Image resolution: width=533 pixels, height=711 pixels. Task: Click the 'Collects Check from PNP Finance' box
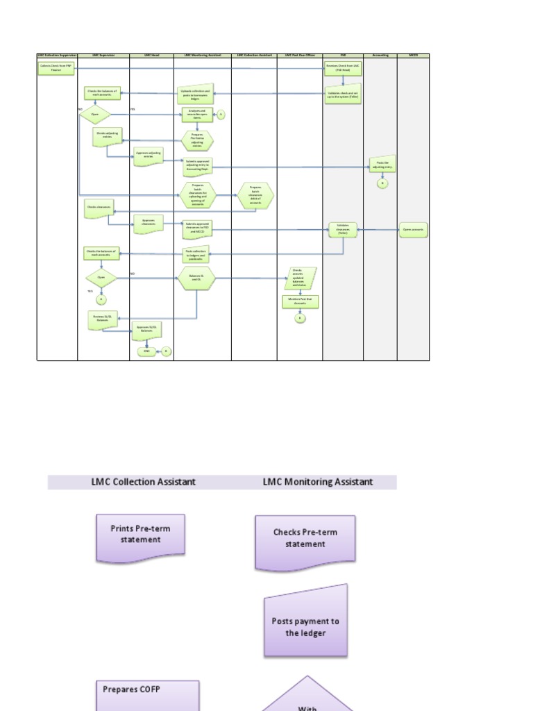click(56, 69)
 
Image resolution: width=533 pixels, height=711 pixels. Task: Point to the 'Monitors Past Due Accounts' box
click(300, 301)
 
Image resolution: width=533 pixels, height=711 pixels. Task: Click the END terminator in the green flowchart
click(146, 351)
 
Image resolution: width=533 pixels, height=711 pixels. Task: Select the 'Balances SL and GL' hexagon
click(196, 279)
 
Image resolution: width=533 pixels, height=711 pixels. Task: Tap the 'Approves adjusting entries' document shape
click(148, 154)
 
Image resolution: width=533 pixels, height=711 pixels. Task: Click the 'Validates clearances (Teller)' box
click(343, 231)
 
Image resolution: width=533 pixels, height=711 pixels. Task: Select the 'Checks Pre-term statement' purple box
click(305, 540)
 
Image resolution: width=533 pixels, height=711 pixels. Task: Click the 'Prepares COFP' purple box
click(147, 695)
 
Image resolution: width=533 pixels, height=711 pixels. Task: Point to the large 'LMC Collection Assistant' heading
click(144, 481)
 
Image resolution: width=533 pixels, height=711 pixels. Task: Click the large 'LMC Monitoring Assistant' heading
click(318, 481)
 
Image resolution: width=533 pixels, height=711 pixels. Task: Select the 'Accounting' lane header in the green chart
click(380, 55)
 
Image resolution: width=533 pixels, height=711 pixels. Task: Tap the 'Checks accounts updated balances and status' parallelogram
click(300, 278)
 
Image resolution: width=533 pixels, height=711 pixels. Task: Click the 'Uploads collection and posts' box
click(195, 94)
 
